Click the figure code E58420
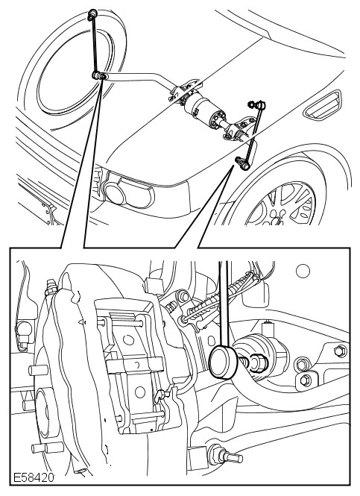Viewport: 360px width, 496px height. (x=33, y=477)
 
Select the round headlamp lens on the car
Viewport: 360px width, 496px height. (x=115, y=192)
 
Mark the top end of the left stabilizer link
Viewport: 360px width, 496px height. (x=92, y=13)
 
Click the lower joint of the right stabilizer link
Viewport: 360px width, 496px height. (x=243, y=163)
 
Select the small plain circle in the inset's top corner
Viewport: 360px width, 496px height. (x=303, y=271)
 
